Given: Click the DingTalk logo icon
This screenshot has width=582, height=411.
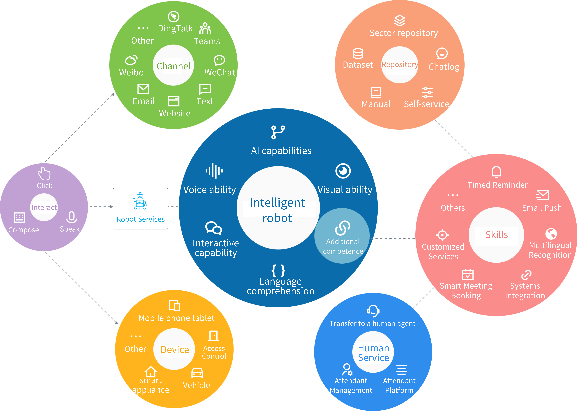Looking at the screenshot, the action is coord(174,17).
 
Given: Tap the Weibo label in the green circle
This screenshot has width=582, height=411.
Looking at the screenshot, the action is coord(131,73).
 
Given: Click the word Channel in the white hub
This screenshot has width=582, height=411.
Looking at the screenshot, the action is coord(173,66).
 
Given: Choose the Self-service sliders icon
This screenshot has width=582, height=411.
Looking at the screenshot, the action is coord(427,93).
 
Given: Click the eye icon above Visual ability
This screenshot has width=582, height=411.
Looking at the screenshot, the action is coord(343,171).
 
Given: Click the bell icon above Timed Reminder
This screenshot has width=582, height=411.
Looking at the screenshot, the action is coord(496,172).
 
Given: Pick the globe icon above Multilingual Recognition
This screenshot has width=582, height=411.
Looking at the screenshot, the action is coord(551,234).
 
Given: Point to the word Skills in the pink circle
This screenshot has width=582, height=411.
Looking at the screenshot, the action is coord(497,235).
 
